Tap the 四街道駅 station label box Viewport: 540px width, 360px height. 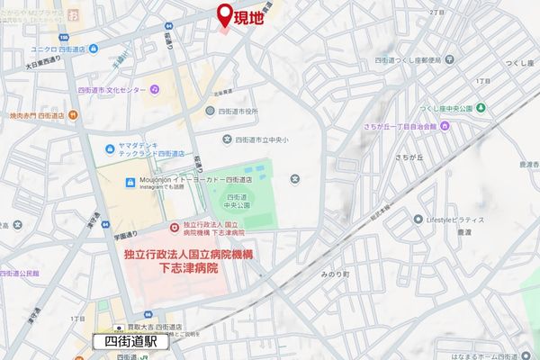[131, 343]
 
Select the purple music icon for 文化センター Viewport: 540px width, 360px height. [155, 89]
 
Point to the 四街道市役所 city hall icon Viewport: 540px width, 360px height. [210, 111]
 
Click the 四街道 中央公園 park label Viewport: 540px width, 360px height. [238, 202]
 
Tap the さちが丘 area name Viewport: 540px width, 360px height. [378, 157]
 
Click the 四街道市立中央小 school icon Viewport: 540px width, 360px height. [226, 139]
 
